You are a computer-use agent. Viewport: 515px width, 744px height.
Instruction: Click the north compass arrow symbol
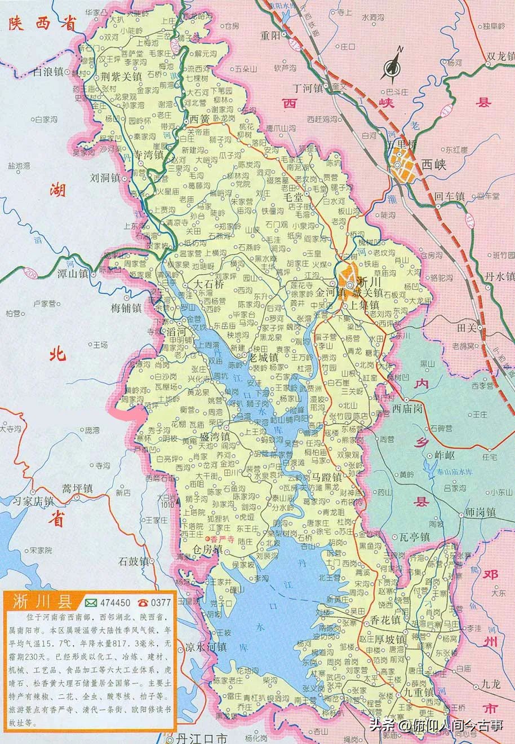(393, 64)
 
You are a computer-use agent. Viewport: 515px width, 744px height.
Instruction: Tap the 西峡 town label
(433, 165)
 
